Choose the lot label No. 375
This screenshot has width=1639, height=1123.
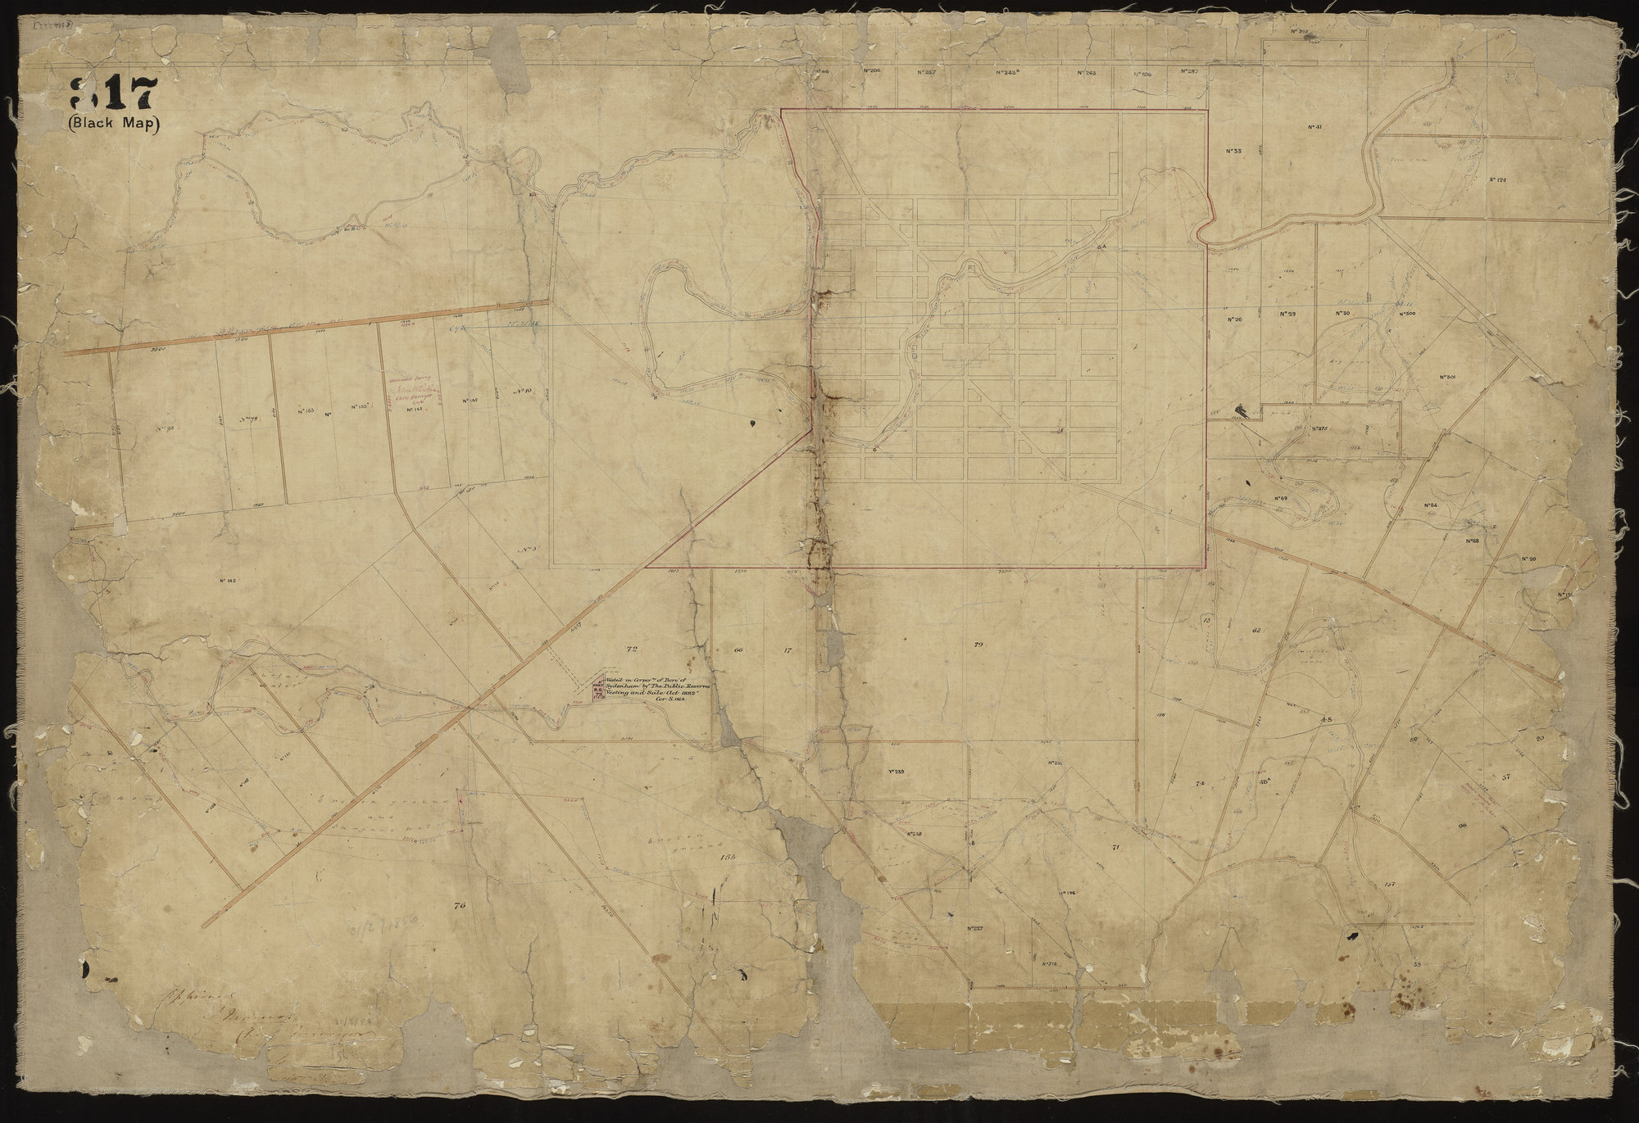[1318, 428]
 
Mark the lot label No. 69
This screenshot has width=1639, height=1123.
[1282, 499]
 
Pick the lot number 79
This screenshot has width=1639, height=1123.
[978, 645]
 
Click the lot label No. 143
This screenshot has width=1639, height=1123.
[228, 581]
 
